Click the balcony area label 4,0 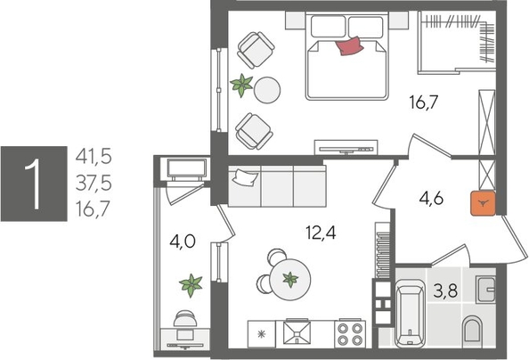(183, 240)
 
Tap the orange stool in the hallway (483, 205)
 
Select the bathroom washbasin (485, 290)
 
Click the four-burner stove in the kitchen (350, 332)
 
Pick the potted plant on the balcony (191, 287)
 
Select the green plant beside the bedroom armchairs (241, 86)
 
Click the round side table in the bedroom (266, 89)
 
